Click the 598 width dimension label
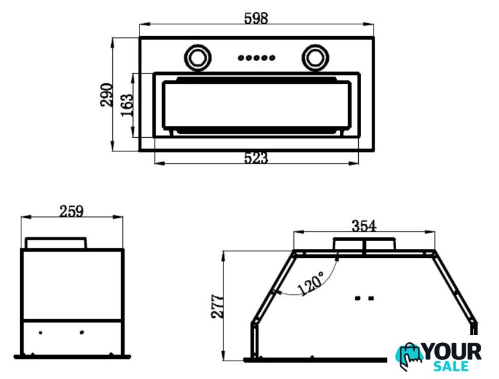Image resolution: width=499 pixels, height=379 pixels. click(x=256, y=18)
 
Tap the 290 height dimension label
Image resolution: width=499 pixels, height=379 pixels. click(x=106, y=94)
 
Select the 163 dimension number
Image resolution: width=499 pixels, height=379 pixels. click(x=127, y=105)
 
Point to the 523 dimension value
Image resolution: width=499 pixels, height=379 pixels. click(x=256, y=158)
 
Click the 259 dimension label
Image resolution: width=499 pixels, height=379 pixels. click(x=72, y=211)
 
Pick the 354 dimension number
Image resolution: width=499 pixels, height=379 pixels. click(x=364, y=226)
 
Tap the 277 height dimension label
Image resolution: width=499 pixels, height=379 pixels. click(x=217, y=305)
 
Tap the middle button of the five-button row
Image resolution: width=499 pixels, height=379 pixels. click(x=256, y=58)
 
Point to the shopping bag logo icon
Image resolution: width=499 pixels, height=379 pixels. click(x=410, y=356)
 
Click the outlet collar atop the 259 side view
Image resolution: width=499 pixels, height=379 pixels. click(x=56, y=243)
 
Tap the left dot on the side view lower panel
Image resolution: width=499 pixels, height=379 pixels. click(x=40, y=331)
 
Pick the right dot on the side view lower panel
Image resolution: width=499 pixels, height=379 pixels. click(x=82, y=331)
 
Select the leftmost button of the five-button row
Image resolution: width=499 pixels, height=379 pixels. click(x=241, y=58)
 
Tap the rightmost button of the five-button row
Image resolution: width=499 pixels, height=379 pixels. click(x=272, y=58)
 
